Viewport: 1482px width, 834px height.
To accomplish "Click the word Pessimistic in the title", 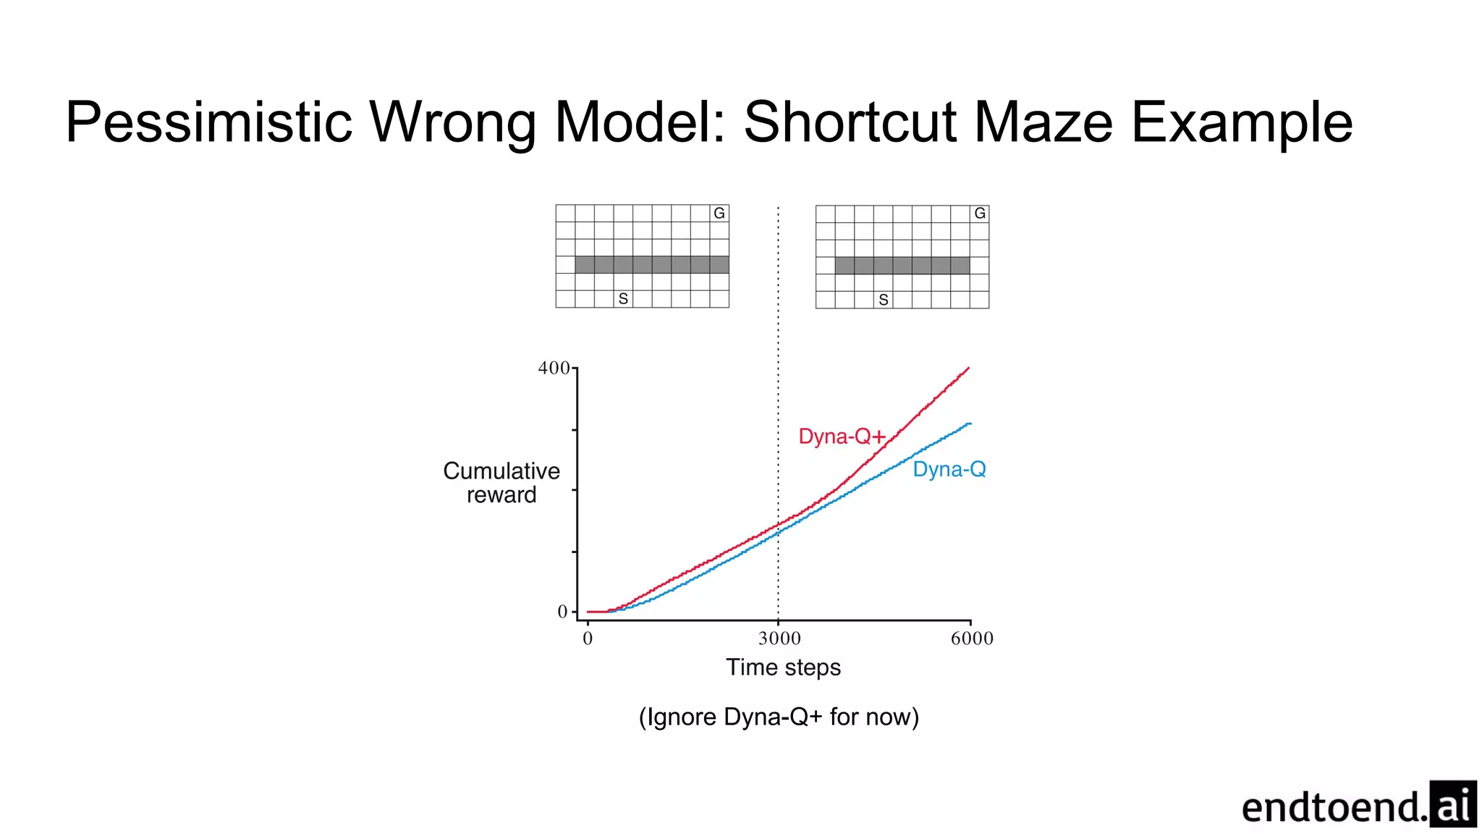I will point(208,123).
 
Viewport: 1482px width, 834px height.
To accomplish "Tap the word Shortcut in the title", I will point(850,123).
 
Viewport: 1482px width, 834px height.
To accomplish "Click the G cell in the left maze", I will point(719,214).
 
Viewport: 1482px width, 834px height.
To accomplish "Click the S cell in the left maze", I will point(623,299).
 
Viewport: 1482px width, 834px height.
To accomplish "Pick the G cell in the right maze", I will point(979,214).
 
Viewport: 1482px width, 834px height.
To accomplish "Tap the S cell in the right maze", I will point(883,300).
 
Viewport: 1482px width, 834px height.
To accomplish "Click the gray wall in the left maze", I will point(651,265).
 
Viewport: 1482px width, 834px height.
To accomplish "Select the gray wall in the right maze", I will point(902,266).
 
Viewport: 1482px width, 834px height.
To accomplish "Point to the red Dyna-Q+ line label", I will point(842,437).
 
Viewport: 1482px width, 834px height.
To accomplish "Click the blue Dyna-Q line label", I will point(949,469).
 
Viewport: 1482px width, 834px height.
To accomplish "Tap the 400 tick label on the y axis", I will point(554,368).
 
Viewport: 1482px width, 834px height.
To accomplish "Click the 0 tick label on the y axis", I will point(562,612).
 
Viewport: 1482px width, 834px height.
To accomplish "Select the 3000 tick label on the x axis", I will point(779,639).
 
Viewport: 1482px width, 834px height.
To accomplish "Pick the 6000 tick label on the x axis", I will point(972,639).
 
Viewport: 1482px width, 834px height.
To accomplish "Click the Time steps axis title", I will point(783,667).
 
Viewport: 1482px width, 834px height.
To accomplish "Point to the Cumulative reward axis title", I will point(501,483).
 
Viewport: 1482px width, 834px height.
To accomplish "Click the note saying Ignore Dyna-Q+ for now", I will point(779,717).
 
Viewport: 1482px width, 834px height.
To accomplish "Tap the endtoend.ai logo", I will point(1358,805).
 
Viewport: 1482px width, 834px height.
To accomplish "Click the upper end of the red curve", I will point(967,368).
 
